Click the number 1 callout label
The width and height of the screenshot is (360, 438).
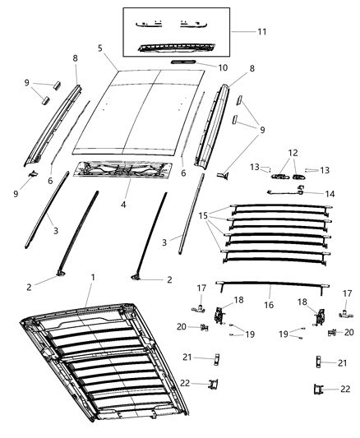93,278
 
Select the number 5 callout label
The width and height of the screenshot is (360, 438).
100,48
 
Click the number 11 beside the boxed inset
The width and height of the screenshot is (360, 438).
262,32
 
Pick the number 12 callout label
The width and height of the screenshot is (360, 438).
293,154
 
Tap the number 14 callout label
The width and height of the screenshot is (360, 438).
330,194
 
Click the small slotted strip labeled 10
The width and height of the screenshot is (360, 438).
183,62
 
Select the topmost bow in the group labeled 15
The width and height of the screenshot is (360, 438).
279,209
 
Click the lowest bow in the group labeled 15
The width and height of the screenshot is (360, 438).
279,260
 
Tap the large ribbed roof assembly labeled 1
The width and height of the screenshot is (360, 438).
90,362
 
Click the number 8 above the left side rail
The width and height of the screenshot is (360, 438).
76,58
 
